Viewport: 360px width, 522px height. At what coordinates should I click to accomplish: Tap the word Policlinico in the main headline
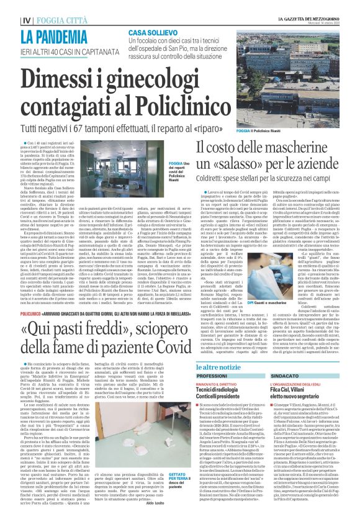[187, 104]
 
